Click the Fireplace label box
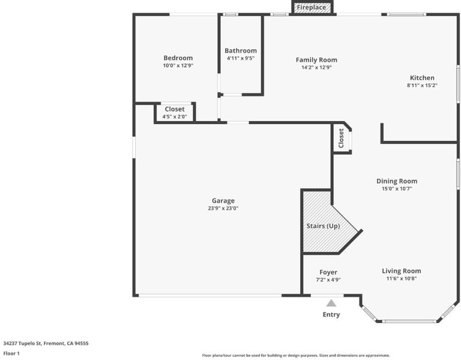(312, 7)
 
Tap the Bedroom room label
(178, 58)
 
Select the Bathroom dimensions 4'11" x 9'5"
(241, 58)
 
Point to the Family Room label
(316, 60)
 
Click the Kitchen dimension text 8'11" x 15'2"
(422, 86)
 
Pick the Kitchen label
(422, 78)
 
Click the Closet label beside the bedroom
(175, 109)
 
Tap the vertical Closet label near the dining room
(341, 138)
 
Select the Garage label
(223, 201)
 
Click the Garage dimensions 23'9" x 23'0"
(223, 208)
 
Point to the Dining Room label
(397, 181)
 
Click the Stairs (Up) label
(323, 226)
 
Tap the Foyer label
(328, 272)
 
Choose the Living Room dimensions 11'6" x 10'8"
(402, 278)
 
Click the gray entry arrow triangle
(331, 303)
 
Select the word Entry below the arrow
(331, 314)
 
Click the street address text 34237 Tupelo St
(23, 343)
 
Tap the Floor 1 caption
(11, 353)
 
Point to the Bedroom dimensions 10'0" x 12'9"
(178, 65)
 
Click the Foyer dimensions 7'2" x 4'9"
(328, 280)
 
